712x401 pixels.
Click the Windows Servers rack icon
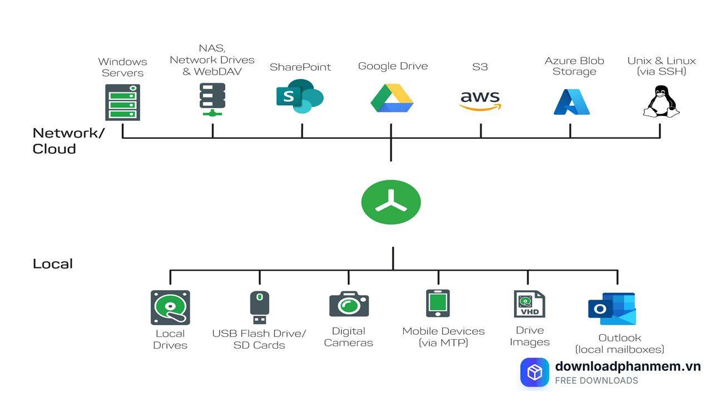pyautogui.click(x=122, y=102)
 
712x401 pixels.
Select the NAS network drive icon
pyautogui.click(x=212, y=99)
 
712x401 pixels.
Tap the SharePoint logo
pyautogui.click(x=300, y=96)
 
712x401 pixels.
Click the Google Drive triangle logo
pyautogui.click(x=392, y=98)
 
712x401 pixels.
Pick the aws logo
pyautogui.click(x=480, y=100)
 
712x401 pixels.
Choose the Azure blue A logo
pyautogui.click(x=571, y=102)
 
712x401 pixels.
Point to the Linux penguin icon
pyautogui.click(x=661, y=101)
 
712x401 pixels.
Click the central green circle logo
pyautogui.click(x=391, y=202)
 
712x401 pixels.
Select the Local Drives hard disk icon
pyautogui.click(x=170, y=307)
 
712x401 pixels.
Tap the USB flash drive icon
pyautogui.click(x=259, y=307)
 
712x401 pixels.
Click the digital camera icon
pyautogui.click(x=349, y=305)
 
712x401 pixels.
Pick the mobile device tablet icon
pyautogui.click(x=438, y=304)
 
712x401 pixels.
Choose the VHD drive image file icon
pyautogui.click(x=529, y=304)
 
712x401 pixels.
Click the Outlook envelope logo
pyautogui.click(x=612, y=309)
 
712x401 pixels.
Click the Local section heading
pyautogui.click(x=53, y=263)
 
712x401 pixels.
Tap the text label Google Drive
pyautogui.click(x=393, y=66)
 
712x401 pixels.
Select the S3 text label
pyautogui.click(x=480, y=67)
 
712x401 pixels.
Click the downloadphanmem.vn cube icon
pyautogui.click(x=535, y=372)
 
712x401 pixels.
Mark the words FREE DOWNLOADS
pyautogui.click(x=596, y=381)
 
